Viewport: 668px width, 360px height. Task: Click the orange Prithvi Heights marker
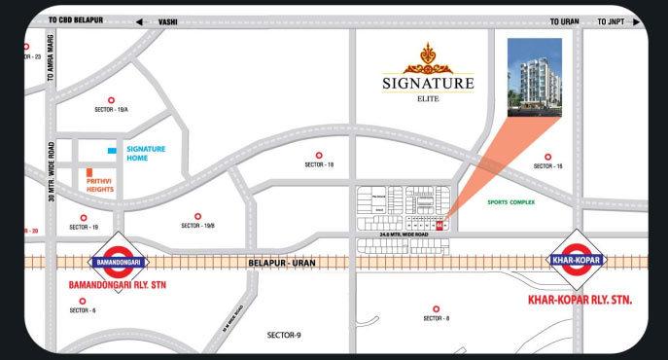click(x=88, y=173)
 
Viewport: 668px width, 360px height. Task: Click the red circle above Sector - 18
click(x=319, y=156)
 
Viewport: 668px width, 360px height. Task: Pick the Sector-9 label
click(x=285, y=335)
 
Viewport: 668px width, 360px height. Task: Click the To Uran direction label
click(x=563, y=19)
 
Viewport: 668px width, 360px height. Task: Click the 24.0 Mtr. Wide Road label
click(x=405, y=234)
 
